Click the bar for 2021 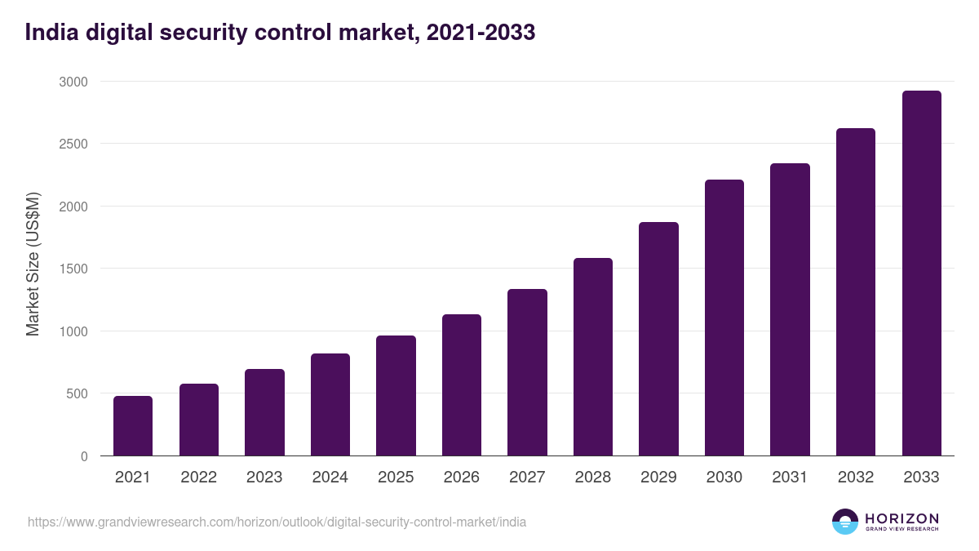(133, 425)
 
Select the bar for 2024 (330, 404)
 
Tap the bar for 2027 (527, 372)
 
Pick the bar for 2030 (724, 318)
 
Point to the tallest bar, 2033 (921, 273)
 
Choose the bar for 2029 (658, 339)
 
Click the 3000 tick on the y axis (73, 82)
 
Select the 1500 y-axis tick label (73, 269)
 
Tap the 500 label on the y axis (77, 393)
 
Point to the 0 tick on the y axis (84, 456)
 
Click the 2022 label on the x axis (198, 478)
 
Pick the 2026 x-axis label (462, 478)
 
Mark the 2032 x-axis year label (856, 478)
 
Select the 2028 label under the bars (593, 478)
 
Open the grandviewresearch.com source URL (277, 522)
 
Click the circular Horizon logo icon (845, 522)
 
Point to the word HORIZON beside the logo (901, 518)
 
